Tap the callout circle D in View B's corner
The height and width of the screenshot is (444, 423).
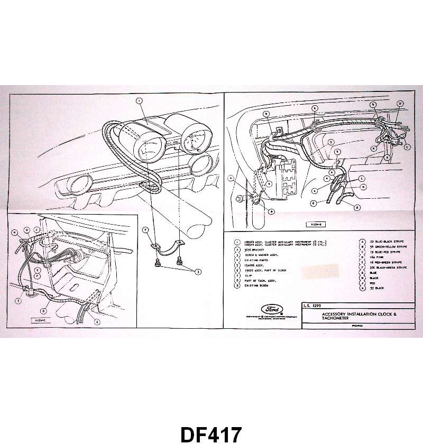(x=400, y=103)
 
